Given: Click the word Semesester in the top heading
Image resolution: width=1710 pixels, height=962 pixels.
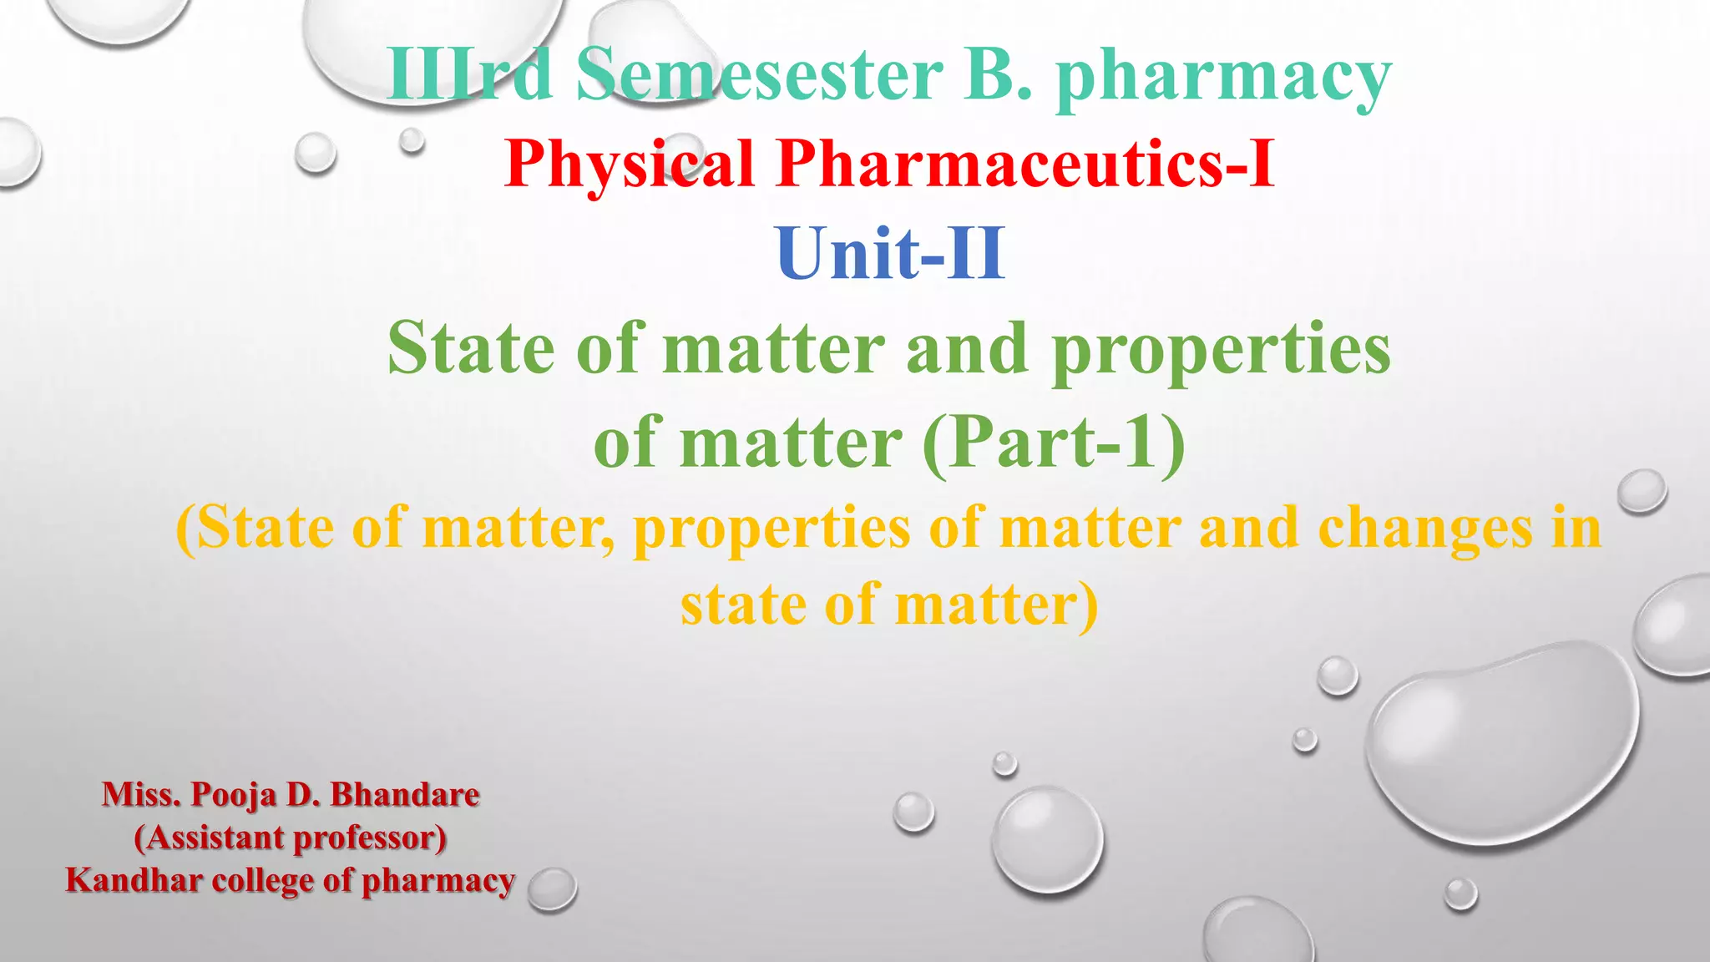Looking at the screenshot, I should tap(759, 75).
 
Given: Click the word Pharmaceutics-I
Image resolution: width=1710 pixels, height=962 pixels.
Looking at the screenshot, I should tap(1025, 163).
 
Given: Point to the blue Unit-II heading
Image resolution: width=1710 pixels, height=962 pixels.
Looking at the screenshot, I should tap(890, 254).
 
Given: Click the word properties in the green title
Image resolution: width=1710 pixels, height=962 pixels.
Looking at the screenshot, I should tap(1221, 350).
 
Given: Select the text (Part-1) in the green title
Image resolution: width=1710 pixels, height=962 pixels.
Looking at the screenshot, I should tap(1054, 443).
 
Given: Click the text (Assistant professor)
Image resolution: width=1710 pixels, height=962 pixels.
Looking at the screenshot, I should tap(291, 838).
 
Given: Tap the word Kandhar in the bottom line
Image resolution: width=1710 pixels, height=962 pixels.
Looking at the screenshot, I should tap(134, 880).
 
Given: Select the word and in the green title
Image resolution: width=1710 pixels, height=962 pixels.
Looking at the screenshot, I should tap(967, 349).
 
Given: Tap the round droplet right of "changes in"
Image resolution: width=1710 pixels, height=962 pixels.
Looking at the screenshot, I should tap(1642, 491).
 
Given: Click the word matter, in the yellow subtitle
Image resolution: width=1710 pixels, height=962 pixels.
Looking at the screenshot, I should tap(519, 529).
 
